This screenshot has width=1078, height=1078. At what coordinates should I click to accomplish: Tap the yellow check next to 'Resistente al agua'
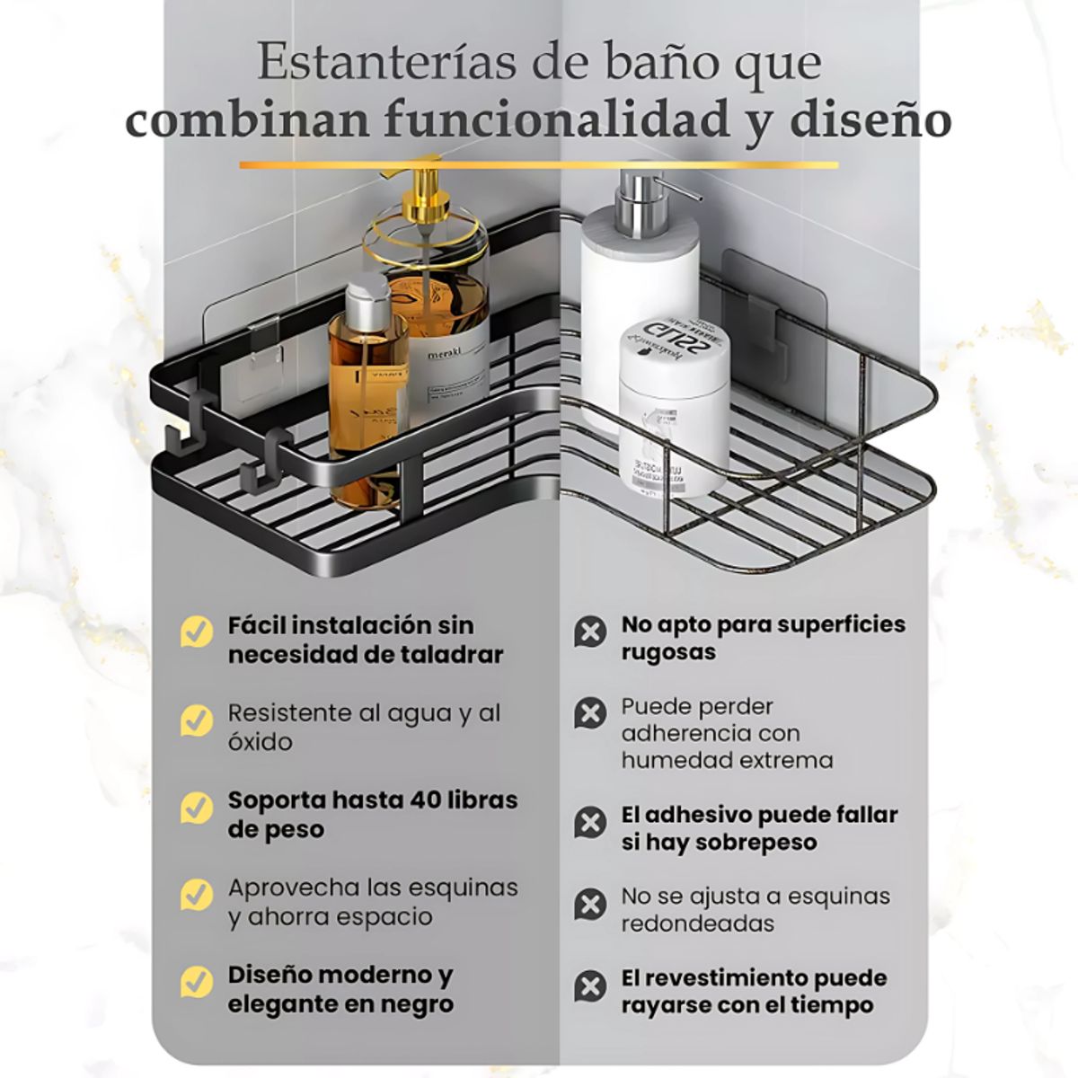[196, 720]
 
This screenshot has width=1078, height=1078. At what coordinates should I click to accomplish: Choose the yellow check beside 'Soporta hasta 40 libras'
[196, 808]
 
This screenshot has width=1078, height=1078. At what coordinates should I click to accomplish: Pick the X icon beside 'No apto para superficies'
[589, 632]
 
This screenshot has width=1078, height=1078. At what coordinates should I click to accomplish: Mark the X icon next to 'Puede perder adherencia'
[589, 713]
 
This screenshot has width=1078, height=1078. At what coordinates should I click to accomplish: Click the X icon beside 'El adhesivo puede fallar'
[589, 823]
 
